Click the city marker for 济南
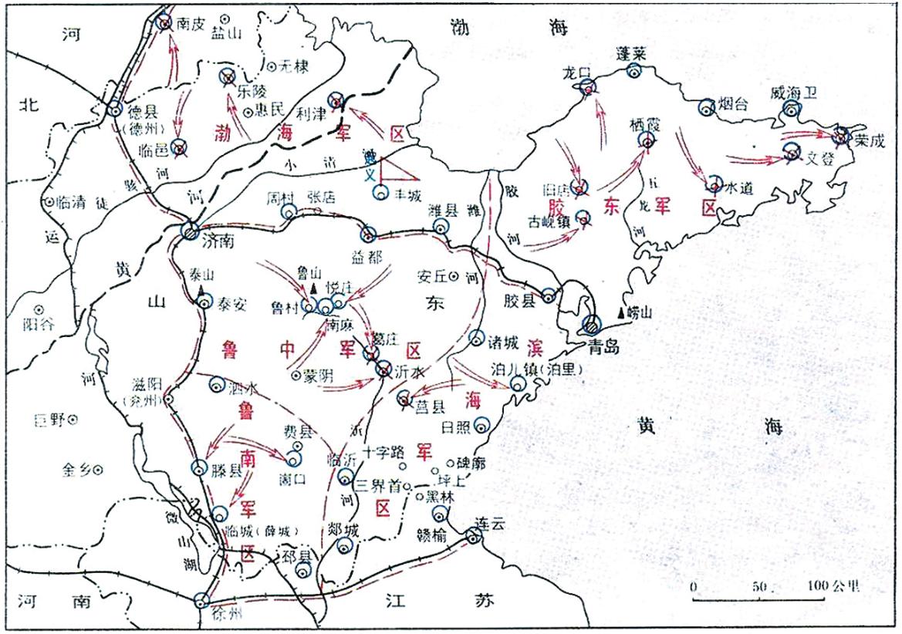tap(191, 230)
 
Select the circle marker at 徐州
tap(202, 600)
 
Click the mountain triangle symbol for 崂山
tap(622, 312)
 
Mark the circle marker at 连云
tap(473, 535)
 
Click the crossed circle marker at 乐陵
tap(228, 76)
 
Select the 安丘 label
tap(431, 275)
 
